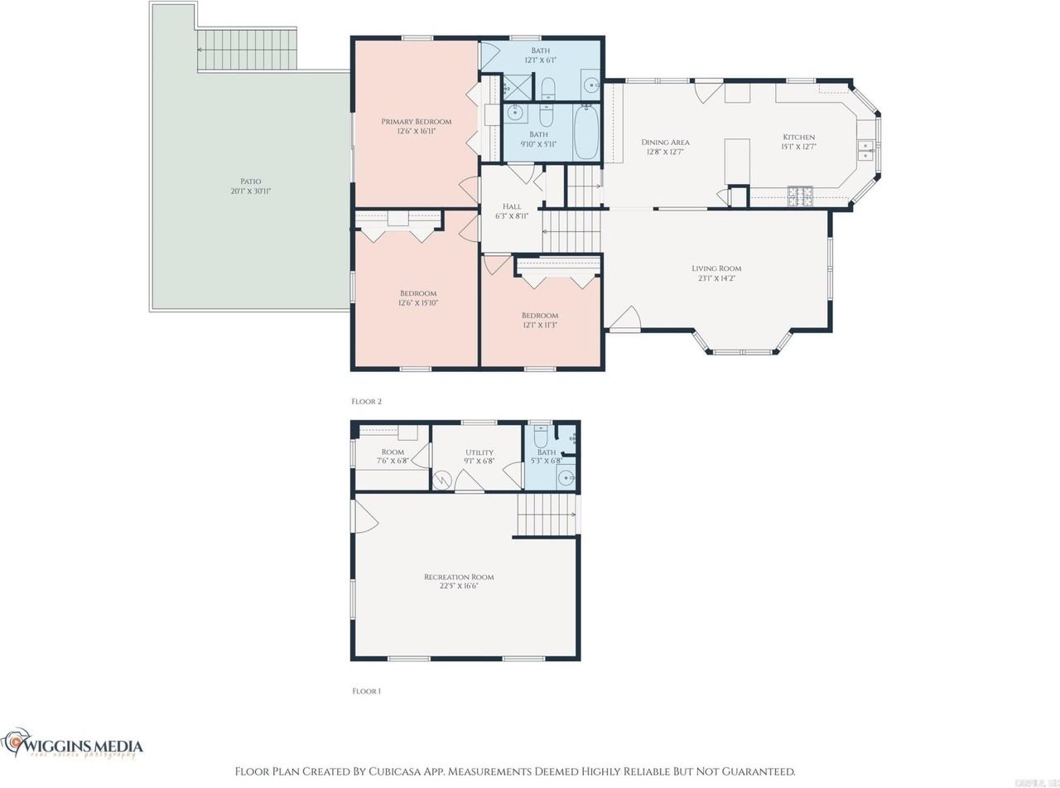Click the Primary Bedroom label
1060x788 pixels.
point(416,122)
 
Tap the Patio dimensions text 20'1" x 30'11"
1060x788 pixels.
point(251,191)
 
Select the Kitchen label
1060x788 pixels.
point(799,138)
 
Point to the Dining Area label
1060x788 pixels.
point(665,143)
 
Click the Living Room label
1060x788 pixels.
point(716,268)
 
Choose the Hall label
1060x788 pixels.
point(512,206)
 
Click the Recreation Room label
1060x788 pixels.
point(459,577)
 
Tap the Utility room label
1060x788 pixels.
point(479,452)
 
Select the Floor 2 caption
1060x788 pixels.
point(366,401)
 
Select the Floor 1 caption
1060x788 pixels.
point(366,690)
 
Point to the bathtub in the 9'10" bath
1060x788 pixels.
point(586,133)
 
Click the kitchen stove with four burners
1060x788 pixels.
point(800,196)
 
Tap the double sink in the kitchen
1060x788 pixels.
point(865,150)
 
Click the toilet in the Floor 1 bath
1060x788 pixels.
point(541,438)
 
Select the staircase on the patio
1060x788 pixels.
point(247,50)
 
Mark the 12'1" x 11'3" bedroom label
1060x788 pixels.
point(539,316)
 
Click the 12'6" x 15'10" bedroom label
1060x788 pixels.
point(417,293)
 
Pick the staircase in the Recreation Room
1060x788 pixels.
point(546,515)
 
